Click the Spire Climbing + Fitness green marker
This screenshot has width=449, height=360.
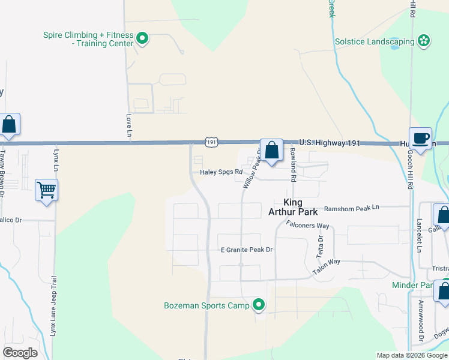142,40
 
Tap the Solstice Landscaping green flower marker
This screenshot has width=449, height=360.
424,41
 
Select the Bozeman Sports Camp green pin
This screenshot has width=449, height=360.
259,305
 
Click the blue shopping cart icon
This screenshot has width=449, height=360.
46,190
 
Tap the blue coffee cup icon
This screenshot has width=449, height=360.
421,139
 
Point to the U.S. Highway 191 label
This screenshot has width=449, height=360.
330,143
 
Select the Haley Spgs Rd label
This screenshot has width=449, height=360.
221,172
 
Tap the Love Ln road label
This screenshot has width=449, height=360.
128,126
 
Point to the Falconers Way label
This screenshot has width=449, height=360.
308,226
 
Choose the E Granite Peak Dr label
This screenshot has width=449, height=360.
247,249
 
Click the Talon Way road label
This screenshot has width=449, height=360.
327,267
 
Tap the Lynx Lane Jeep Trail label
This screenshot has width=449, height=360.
53,306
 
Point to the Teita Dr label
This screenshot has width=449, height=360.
320,247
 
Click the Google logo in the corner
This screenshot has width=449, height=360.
20,353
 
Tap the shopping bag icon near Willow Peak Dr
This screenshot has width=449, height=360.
271,150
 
